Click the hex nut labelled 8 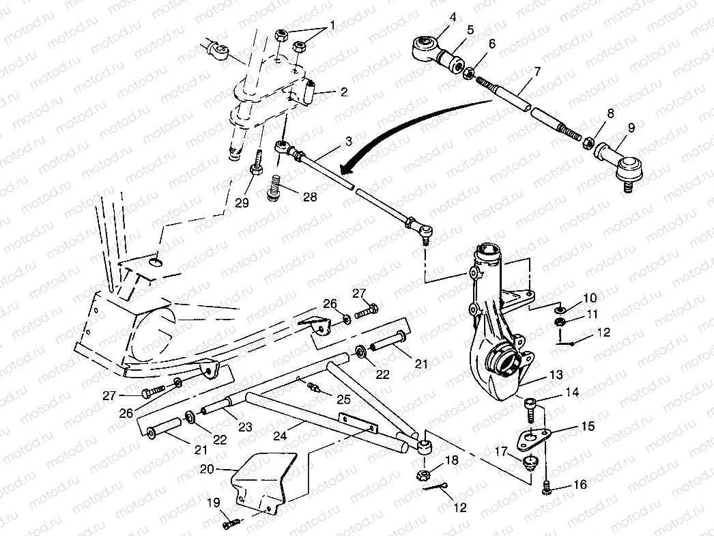pos(585,143)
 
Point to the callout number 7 pos(537,72)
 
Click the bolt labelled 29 pos(255,164)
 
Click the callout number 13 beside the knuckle pos(557,375)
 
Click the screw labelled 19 pos(231,524)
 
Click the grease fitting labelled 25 pos(315,389)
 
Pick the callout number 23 pos(245,427)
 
